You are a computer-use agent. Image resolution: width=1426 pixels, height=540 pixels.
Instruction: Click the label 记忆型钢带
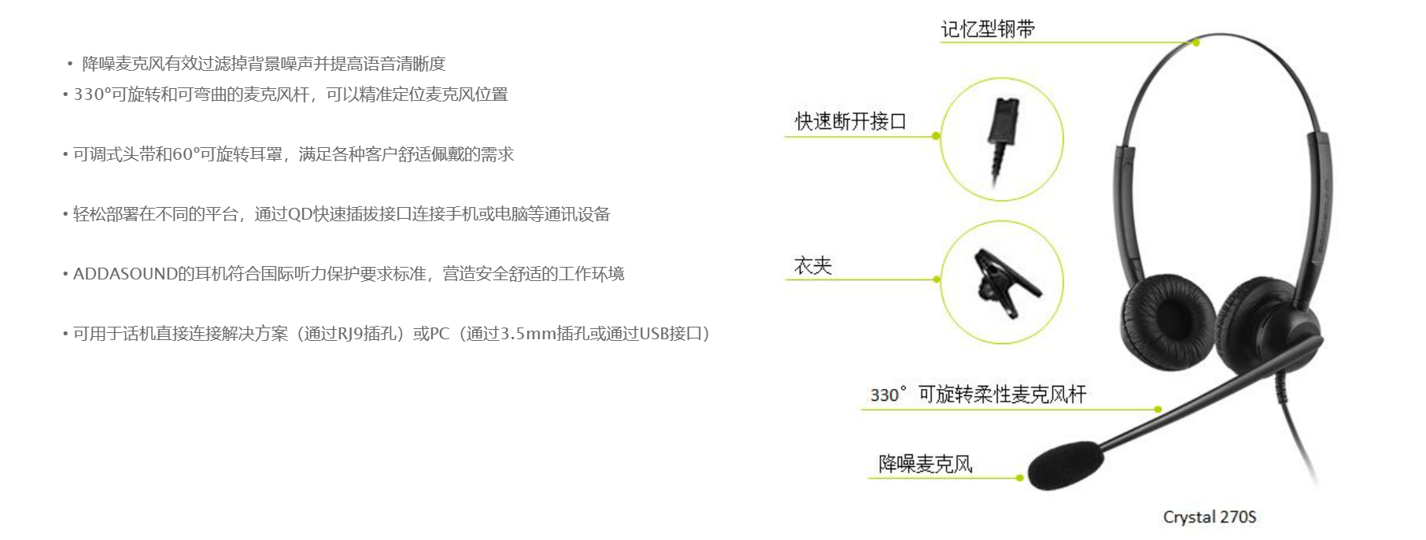[988, 29]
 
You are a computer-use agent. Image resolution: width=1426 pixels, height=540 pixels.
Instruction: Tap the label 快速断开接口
[851, 121]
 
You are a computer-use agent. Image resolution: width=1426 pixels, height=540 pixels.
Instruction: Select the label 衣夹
[813, 266]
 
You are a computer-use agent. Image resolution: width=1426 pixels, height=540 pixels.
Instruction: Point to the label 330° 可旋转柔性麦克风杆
[978, 394]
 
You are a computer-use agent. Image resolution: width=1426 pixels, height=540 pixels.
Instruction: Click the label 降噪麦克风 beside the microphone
[925, 464]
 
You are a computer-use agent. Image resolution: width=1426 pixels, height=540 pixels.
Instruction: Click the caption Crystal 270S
[1210, 517]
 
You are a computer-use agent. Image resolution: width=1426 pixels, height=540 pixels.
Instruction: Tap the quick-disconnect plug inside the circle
[1001, 140]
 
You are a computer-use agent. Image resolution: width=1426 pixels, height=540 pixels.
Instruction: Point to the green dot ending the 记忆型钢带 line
[1196, 43]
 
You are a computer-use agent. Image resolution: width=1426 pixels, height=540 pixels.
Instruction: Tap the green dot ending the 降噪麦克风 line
[1020, 478]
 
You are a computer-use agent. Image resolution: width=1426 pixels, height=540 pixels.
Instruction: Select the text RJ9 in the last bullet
[350, 334]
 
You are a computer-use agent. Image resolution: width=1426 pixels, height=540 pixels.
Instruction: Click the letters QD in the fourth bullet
[301, 214]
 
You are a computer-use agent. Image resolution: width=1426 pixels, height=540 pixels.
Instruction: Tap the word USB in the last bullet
[654, 334]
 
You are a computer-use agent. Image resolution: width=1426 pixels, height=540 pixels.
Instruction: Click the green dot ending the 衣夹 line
[937, 279]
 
